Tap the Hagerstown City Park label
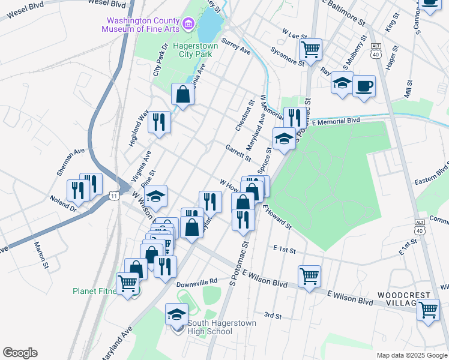[193, 50]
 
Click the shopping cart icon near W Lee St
[311, 49]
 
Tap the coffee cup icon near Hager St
[364, 85]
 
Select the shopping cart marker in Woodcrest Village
[428, 310]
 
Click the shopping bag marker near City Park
[182, 94]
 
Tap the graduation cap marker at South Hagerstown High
[176, 314]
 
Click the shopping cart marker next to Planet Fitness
[127, 282]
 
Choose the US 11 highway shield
[114, 196]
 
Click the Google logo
[20, 353]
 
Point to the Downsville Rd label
[196, 281]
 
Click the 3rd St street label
[273, 315]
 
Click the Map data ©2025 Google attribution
[411, 355]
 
